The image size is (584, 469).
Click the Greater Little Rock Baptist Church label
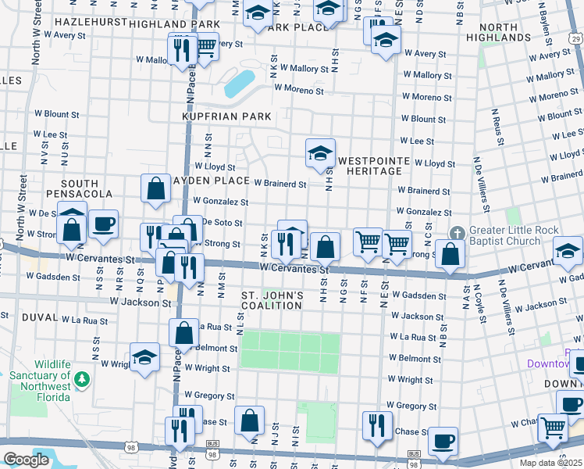[x=504, y=237]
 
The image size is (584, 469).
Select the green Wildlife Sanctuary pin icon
[x=82, y=381]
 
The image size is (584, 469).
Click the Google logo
[x=27, y=460]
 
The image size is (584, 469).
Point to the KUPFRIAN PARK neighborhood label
[x=226, y=116]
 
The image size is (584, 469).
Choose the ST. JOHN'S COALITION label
[x=272, y=300]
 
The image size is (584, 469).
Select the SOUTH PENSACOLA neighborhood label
[x=73, y=188]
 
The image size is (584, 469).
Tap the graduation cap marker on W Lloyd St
[x=320, y=154]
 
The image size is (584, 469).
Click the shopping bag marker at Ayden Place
[x=156, y=188]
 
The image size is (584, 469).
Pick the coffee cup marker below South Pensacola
[x=103, y=225]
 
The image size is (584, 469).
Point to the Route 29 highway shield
[x=576, y=38]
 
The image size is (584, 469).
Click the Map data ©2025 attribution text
[x=550, y=463]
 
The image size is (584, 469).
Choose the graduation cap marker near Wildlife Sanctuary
[x=144, y=358]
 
